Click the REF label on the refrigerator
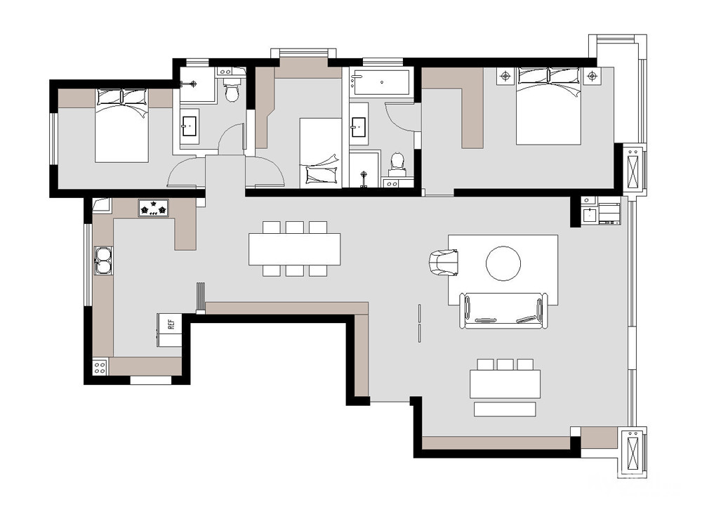(x=171, y=324)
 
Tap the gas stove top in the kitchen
(x=154, y=209)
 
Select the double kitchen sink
(x=103, y=261)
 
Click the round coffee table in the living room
(x=503, y=263)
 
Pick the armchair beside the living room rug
(x=444, y=263)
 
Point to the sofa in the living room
(x=503, y=310)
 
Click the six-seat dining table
(x=295, y=249)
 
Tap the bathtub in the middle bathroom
(x=381, y=82)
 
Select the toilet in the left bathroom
(x=232, y=89)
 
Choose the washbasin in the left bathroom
(x=190, y=126)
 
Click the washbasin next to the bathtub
(x=359, y=127)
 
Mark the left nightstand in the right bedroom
(x=506, y=76)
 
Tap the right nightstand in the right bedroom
(x=592, y=76)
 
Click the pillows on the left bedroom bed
(x=121, y=97)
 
